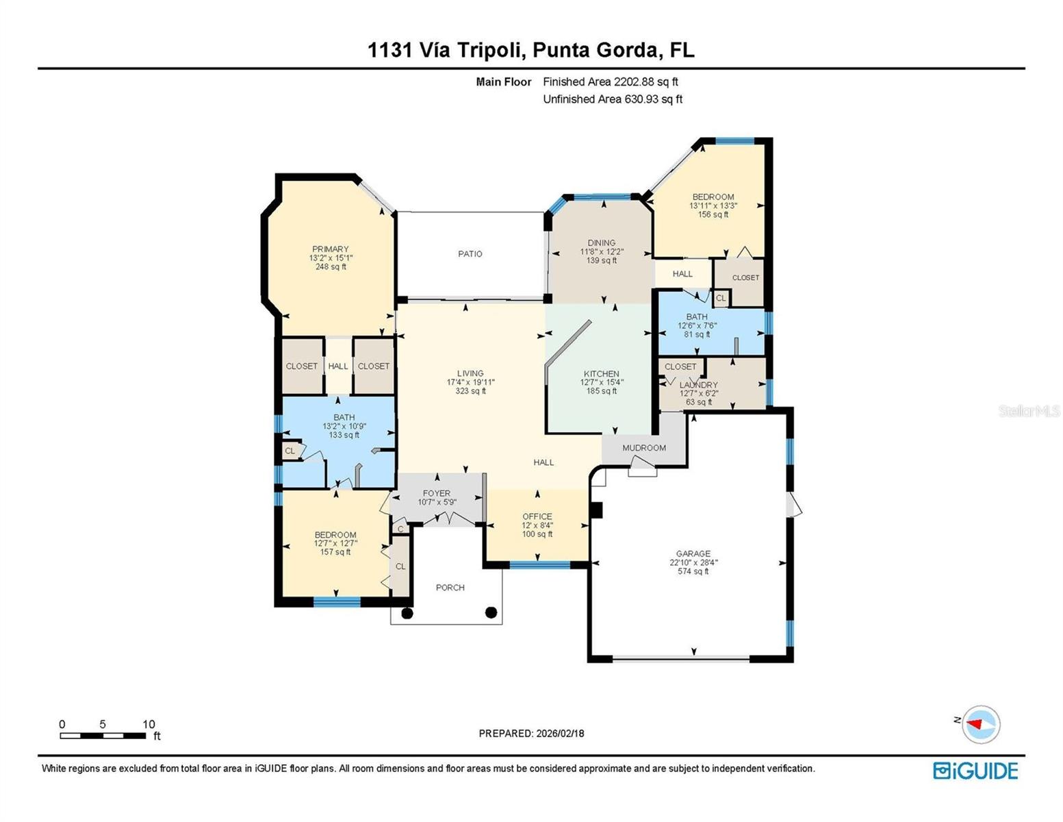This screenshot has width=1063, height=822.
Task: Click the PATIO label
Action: point(470,253)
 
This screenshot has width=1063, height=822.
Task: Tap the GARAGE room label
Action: point(693,553)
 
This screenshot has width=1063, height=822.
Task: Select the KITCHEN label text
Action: point(601,374)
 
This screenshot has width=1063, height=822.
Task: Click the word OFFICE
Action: point(537,516)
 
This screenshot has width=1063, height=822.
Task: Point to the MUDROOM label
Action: point(643,448)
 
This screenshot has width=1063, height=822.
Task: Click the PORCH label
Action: point(450,588)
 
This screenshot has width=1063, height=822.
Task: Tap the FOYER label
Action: point(436,493)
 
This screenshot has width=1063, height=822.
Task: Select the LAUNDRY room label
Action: point(698,386)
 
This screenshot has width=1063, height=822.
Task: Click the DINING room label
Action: point(601,243)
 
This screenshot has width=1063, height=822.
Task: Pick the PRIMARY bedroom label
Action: point(331,249)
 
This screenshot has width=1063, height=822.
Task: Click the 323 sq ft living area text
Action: point(470,391)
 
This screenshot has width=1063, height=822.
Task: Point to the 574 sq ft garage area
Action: point(693,571)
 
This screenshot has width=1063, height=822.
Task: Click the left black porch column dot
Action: point(407,613)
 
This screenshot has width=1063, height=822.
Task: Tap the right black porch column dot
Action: point(491,612)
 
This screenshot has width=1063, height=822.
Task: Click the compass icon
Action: point(980,724)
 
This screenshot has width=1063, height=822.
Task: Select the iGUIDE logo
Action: point(975,771)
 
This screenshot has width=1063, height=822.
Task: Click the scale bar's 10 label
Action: point(149,724)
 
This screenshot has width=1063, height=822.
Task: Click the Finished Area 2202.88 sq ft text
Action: point(610,82)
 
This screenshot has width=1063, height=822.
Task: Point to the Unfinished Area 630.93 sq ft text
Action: point(612,99)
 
